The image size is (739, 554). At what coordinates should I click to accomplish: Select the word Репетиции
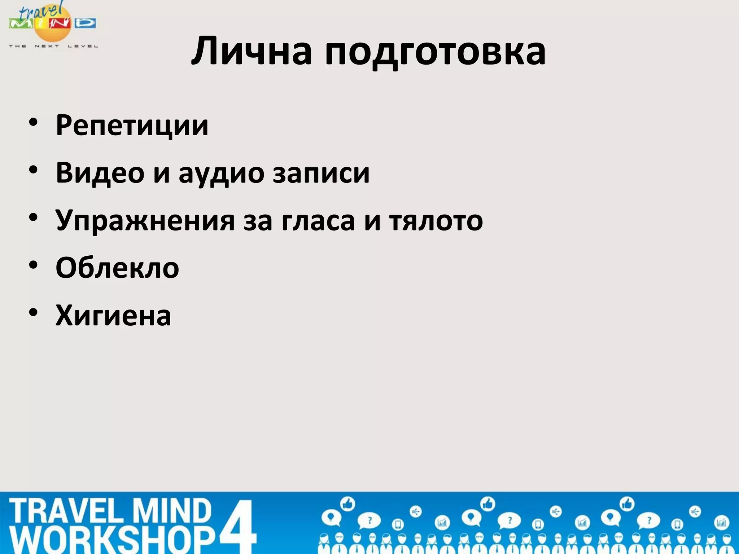point(132,126)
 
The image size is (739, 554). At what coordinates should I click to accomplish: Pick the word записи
point(321,173)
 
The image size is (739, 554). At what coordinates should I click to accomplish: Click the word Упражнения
point(145,221)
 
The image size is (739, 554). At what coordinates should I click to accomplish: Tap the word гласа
point(318,221)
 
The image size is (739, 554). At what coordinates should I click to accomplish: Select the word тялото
point(436,221)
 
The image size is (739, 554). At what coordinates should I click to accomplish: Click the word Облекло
point(117,268)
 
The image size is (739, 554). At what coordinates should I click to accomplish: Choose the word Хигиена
point(113,316)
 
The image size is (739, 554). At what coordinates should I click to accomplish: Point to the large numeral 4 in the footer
point(238,526)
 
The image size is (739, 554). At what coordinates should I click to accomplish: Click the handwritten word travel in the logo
point(40,11)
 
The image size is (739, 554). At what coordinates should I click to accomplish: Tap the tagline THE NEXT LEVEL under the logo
point(53,46)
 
